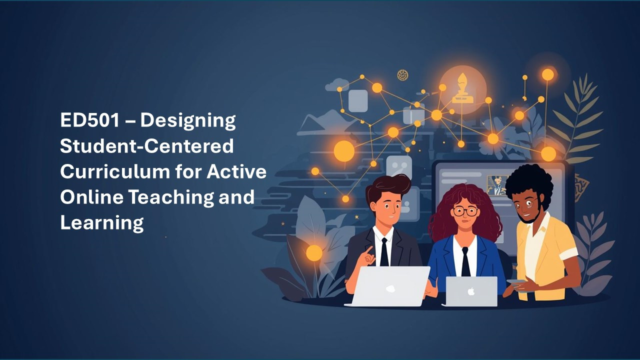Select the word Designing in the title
click(188, 120)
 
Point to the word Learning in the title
click(102, 222)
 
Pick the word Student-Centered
click(147, 146)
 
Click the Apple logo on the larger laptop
click(390, 288)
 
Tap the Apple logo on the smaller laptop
click(471, 291)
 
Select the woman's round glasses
click(465, 211)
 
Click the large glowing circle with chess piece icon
click(462, 84)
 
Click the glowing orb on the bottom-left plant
click(314, 253)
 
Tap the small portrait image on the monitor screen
click(497, 185)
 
